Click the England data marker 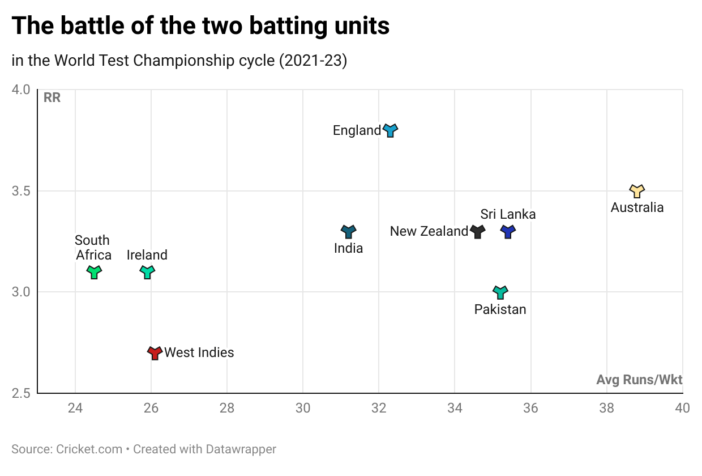click(x=390, y=130)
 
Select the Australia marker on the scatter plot click(x=637, y=190)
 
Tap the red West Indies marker click(x=155, y=352)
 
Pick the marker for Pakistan click(x=500, y=292)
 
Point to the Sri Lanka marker click(x=508, y=231)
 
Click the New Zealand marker click(x=478, y=231)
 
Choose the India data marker click(x=348, y=231)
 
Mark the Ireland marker click(x=147, y=272)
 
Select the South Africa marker click(x=94, y=272)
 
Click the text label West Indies click(x=199, y=352)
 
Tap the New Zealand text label click(x=429, y=231)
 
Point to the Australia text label click(x=637, y=207)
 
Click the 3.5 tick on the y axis click(x=21, y=191)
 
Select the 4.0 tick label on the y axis click(x=21, y=90)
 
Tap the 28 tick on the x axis click(x=226, y=408)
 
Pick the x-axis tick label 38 click(x=606, y=408)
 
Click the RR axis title click(x=52, y=97)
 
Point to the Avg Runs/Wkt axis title click(x=639, y=380)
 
